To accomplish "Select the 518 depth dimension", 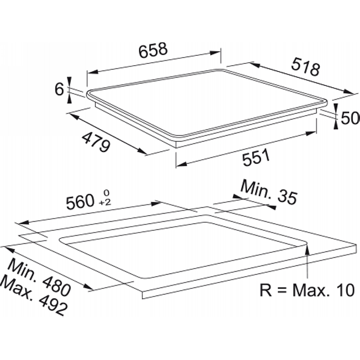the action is point(306,67).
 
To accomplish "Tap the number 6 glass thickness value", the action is point(59,89).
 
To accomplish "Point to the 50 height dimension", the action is point(350,118).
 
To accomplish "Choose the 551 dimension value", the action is point(256,157).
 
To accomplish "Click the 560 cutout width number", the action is point(80,202).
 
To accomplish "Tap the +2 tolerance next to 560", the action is point(105,202).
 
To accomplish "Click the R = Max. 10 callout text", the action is point(307,290).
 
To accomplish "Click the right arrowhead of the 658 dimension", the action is point(216,53).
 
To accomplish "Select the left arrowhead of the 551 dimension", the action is point(181,163).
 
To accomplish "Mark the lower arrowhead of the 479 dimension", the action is point(141,151).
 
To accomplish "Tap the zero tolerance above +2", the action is point(106,192).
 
